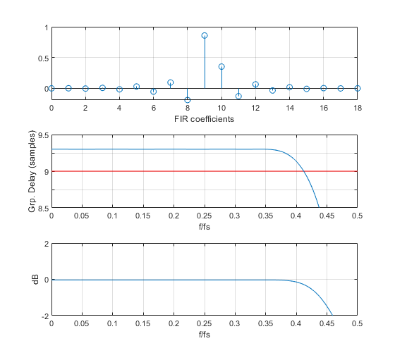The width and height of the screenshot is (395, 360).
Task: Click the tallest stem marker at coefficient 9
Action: coord(205,35)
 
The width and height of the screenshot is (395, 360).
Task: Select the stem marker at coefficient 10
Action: coord(221,66)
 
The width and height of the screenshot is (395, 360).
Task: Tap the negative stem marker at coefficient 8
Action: coord(188,100)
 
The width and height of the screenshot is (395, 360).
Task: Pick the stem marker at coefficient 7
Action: coord(171,82)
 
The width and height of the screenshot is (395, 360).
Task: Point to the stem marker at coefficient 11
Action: coord(238,96)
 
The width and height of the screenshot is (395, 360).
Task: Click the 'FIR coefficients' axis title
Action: coord(204,119)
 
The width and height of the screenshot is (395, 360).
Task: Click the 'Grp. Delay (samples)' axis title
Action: coord(31,171)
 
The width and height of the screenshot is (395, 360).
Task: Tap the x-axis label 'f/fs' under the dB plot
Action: coord(204,335)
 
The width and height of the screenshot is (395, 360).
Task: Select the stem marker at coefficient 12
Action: coord(255,85)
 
